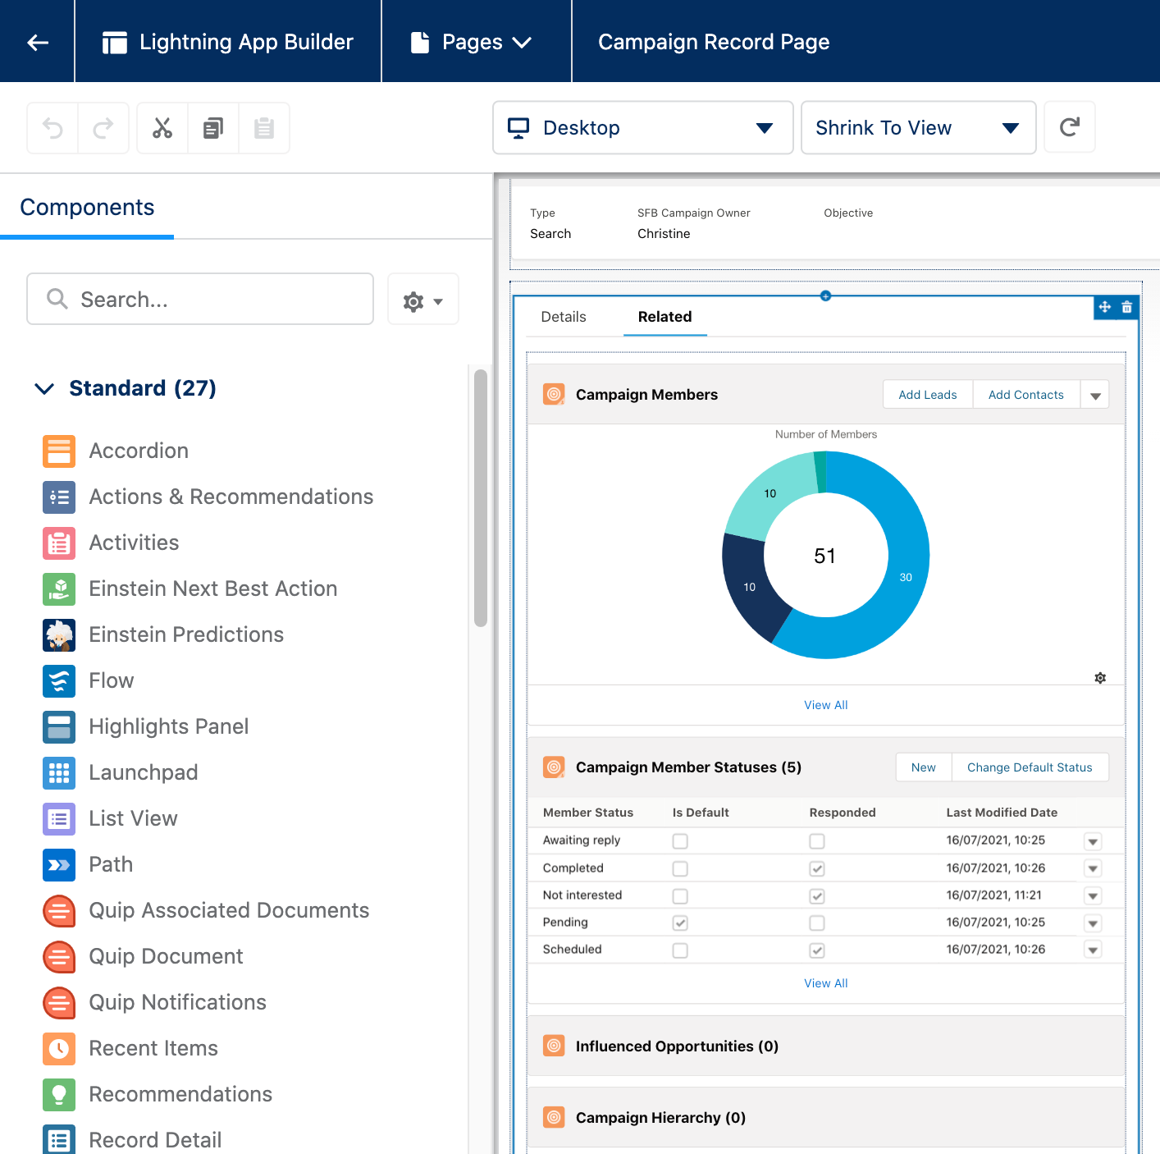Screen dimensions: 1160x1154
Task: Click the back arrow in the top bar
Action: pyautogui.click(x=37, y=42)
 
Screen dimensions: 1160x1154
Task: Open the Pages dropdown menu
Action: pyautogui.click(x=471, y=42)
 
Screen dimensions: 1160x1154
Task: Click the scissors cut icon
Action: pyautogui.click(x=162, y=128)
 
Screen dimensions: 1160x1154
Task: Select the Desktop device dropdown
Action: pyautogui.click(x=642, y=128)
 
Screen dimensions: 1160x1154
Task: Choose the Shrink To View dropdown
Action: pyautogui.click(x=918, y=128)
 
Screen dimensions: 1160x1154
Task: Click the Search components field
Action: pyautogui.click(x=200, y=299)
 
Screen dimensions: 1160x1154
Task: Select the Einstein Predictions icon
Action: pyautogui.click(x=59, y=634)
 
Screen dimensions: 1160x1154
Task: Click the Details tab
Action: pyautogui.click(x=564, y=317)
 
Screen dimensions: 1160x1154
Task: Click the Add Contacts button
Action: pyautogui.click(x=1025, y=395)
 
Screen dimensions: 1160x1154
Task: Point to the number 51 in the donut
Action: pyautogui.click(x=824, y=556)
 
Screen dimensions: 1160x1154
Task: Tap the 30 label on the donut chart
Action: pyautogui.click(x=906, y=577)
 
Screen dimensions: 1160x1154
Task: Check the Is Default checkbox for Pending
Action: pyautogui.click(x=680, y=923)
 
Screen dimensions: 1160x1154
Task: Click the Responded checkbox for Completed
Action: pyautogui.click(x=817, y=868)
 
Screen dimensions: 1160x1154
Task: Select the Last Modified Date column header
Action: pyautogui.click(x=1002, y=813)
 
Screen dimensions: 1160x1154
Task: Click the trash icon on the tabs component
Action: pyautogui.click(x=1127, y=307)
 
